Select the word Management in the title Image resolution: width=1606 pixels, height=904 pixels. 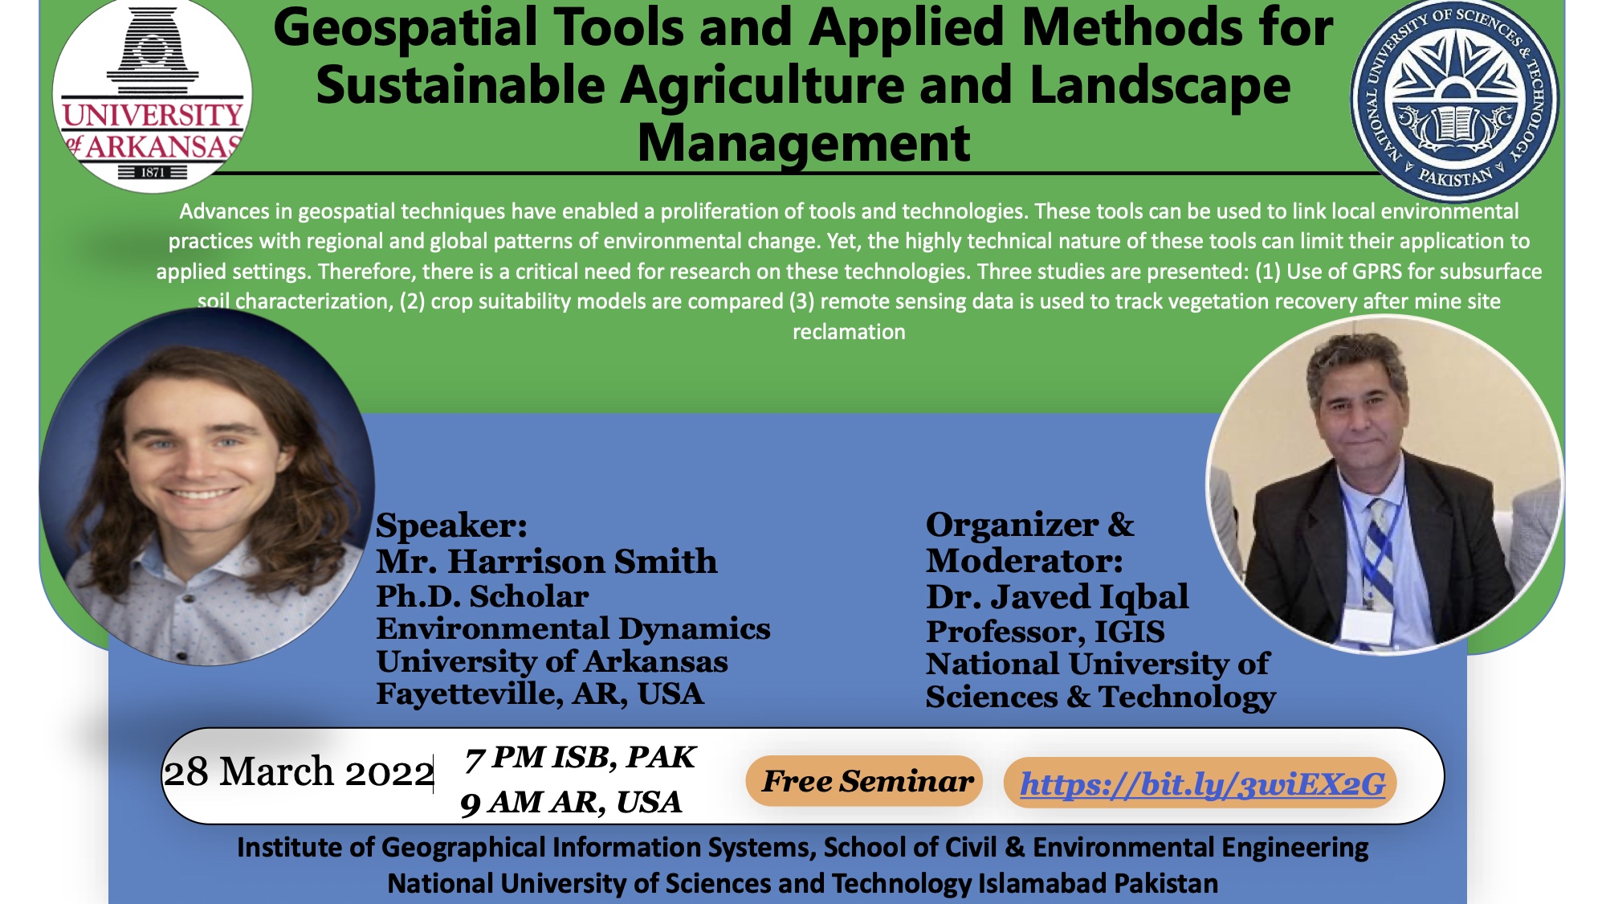click(804, 144)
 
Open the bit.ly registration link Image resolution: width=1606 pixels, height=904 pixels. click(1202, 783)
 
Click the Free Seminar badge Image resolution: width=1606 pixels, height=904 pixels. click(866, 781)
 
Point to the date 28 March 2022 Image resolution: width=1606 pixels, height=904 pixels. click(299, 772)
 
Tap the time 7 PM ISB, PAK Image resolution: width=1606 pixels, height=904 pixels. click(580, 758)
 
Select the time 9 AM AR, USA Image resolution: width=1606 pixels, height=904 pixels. click(570, 802)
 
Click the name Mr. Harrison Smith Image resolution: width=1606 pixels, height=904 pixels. click(546, 561)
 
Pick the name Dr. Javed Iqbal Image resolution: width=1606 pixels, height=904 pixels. click(1057, 597)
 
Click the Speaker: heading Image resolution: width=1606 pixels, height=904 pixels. click(451, 526)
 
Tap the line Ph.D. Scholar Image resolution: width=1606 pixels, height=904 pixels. click(482, 596)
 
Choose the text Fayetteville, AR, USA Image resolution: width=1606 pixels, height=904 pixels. click(540, 694)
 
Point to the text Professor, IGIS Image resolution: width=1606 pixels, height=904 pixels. click(1045, 632)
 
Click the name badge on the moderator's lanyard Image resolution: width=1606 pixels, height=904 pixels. click(1367, 625)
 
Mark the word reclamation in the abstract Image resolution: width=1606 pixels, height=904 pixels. click(849, 332)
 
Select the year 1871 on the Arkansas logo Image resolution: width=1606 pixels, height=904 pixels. click(153, 172)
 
